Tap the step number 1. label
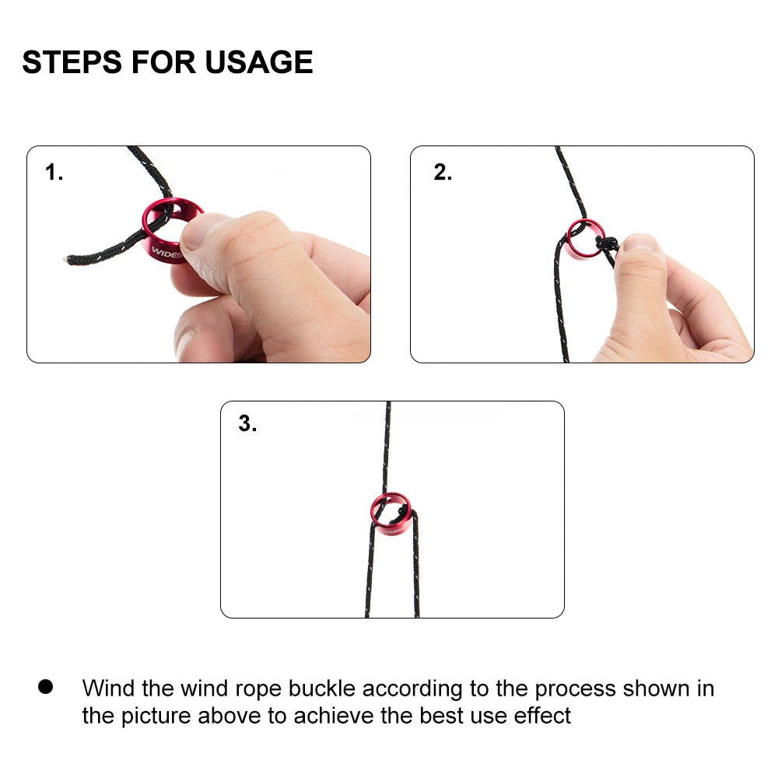54,173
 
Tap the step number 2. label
443,173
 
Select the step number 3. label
247,425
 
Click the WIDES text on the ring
166,252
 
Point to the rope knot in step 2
605,244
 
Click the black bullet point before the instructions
46,686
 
